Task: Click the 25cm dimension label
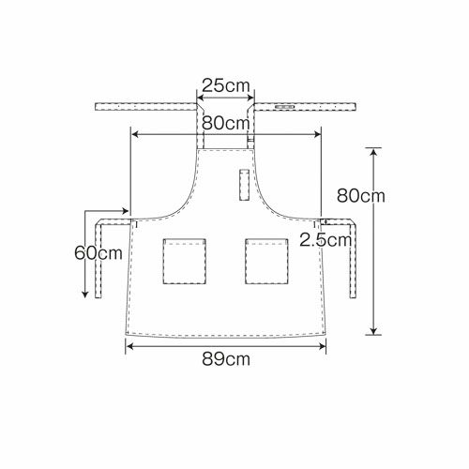[x=226, y=85]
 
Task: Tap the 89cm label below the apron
[x=226, y=359]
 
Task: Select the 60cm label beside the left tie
[x=98, y=252]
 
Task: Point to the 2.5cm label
[x=325, y=240]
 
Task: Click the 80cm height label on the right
[x=360, y=196]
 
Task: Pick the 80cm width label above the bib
[x=226, y=123]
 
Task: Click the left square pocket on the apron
[x=184, y=262]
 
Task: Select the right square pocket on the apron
[x=266, y=262]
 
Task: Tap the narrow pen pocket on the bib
[x=245, y=185]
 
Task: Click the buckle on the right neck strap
[x=284, y=107]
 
